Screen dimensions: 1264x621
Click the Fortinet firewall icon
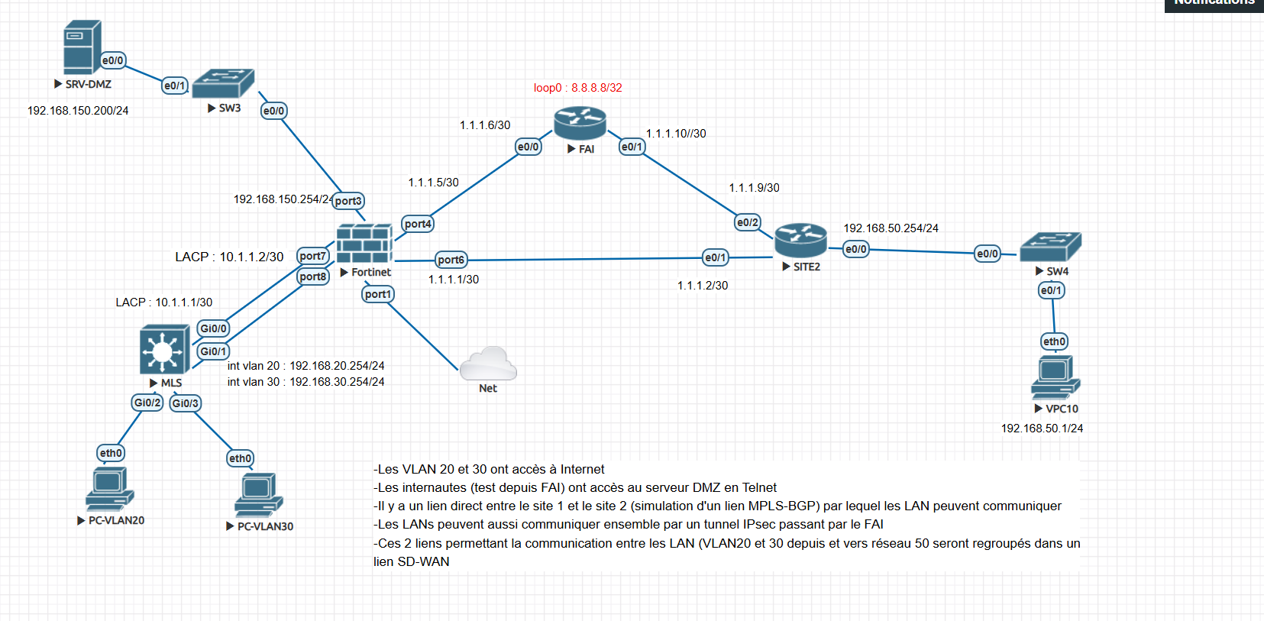pos(364,244)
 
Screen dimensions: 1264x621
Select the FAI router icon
pos(580,123)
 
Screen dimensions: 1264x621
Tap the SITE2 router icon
pos(800,241)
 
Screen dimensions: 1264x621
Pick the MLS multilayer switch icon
pos(164,349)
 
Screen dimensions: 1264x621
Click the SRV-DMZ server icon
pos(82,47)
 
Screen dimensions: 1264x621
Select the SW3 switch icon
pos(224,83)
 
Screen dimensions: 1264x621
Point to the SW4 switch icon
pos(1051,247)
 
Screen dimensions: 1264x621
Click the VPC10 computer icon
pos(1055,377)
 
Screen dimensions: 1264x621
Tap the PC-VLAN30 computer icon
pos(259,494)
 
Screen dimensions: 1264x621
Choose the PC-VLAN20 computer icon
pos(110,489)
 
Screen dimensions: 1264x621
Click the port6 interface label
pos(451,260)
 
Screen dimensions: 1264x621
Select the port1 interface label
pos(377,294)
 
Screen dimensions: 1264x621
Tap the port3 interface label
pos(348,201)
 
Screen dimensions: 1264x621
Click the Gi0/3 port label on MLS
pos(185,403)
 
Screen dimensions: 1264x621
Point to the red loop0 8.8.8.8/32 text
pos(578,88)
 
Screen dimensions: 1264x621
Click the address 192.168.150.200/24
pos(78,111)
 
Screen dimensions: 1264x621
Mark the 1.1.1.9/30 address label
pos(754,188)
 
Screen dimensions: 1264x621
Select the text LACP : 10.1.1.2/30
pos(229,257)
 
